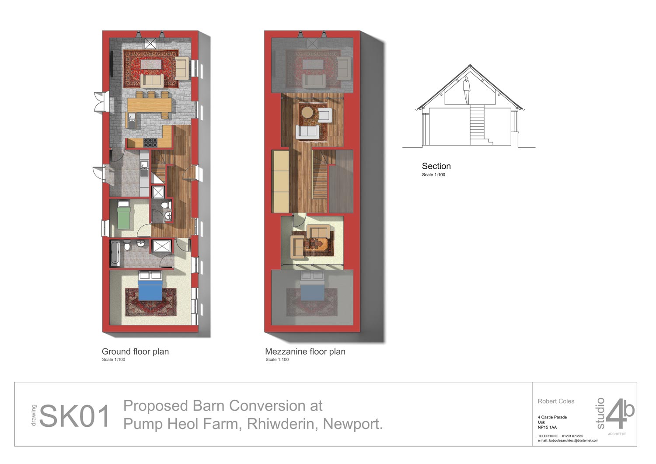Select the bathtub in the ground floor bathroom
[x=115, y=253]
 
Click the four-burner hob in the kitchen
[x=150, y=143]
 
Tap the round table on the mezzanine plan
[x=307, y=112]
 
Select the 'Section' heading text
[x=436, y=166]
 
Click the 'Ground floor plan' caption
[x=135, y=352]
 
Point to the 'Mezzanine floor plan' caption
[x=305, y=352]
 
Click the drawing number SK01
[x=74, y=415]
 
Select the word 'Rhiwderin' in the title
[x=283, y=424]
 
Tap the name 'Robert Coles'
[x=556, y=401]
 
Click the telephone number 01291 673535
[x=572, y=436]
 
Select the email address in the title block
[x=574, y=440]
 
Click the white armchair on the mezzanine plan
[x=325, y=115]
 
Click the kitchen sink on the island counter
[x=132, y=117]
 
